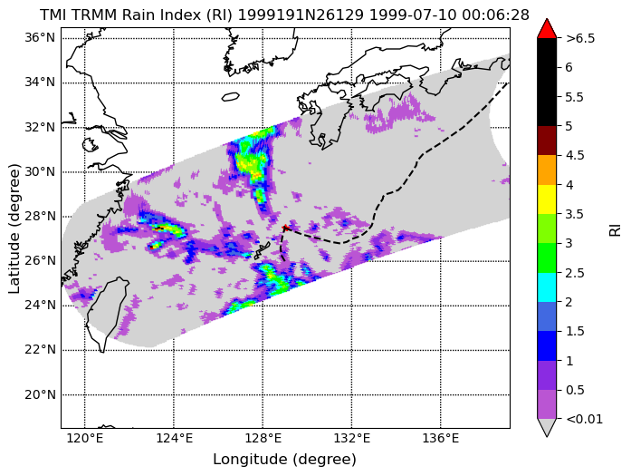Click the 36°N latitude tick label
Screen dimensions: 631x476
[x=40, y=38]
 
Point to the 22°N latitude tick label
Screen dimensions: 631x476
[x=40, y=350]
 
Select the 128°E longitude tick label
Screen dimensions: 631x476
[x=263, y=438]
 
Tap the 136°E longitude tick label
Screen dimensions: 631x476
[x=441, y=438]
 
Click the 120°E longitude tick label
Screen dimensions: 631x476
[x=85, y=438]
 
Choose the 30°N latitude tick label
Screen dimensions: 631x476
[x=40, y=171]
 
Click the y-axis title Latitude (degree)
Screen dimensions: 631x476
[x=14, y=228]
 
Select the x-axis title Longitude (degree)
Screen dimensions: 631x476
[x=285, y=460]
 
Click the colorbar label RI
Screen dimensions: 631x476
[x=616, y=230]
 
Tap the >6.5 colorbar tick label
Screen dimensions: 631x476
[x=580, y=38]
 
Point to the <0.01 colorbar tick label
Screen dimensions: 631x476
[x=585, y=419]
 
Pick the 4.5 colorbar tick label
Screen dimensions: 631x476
[x=575, y=155]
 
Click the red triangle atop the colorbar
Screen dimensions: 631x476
[x=547, y=29]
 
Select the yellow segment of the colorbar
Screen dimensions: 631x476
[x=547, y=199]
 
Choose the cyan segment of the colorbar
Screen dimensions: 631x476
[x=547, y=287]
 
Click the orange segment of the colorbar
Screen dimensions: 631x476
[x=547, y=170]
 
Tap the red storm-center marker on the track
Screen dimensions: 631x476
[x=285, y=228]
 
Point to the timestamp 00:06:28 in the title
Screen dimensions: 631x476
[x=495, y=15]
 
